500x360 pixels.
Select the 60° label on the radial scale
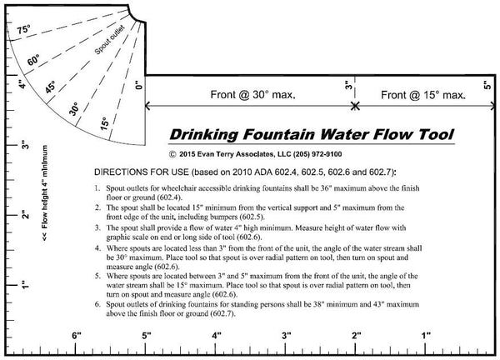point(34,59)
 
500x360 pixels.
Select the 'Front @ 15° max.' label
point(423,97)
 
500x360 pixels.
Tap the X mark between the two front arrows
point(356,106)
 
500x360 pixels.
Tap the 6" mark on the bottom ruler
point(76,335)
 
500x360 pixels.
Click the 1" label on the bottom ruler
point(426,335)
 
